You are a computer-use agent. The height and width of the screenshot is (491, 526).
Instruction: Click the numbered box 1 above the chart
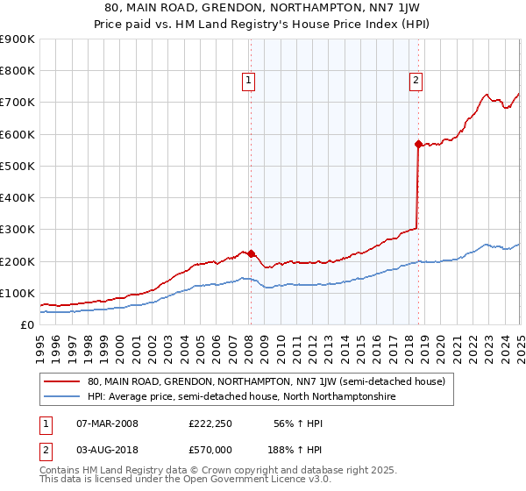click(249, 81)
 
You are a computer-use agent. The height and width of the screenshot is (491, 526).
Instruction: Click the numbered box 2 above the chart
click(416, 81)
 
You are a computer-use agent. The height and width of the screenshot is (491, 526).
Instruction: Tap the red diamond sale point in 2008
click(251, 254)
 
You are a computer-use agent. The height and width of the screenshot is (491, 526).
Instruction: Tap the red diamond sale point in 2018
click(418, 144)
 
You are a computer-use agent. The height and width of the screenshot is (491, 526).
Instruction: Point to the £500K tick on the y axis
click(20, 166)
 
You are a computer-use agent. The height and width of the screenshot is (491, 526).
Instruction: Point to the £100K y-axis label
click(20, 293)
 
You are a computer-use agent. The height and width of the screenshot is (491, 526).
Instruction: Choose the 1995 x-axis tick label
click(40, 342)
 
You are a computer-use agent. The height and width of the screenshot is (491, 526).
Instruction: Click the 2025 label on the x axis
click(520, 342)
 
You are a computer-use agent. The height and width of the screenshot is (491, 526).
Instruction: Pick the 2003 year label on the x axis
click(168, 342)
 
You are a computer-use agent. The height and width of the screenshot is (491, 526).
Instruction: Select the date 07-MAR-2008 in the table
click(107, 423)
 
